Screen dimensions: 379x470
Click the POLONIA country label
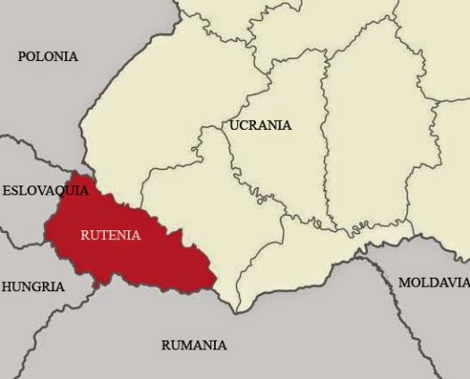(x=47, y=56)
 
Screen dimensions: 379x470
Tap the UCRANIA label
(x=261, y=125)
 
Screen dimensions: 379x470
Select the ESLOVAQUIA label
(x=46, y=191)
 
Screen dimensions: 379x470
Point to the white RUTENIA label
(x=110, y=237)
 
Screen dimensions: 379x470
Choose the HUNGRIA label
(x=33, y=288)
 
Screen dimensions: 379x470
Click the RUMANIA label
(x=193, y=345)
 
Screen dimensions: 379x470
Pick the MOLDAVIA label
(x=433, y=282)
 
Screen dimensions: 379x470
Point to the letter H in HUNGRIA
(x=7, y=288)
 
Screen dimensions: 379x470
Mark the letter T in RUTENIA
(x=104, y=237)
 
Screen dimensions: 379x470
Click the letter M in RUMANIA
(x=186, y=345)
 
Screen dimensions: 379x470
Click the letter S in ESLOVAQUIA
(x=16, y=191)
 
